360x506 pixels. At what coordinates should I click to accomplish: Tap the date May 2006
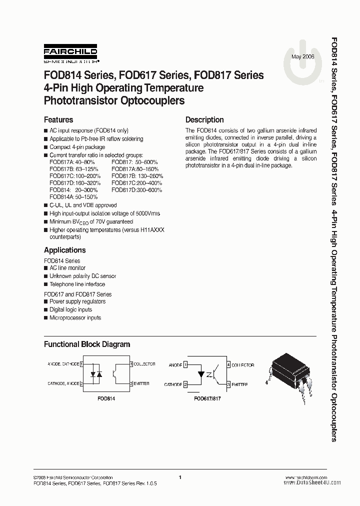(302, 57)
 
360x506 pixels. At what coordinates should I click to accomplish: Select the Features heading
(58, 120)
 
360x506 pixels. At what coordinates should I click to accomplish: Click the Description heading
(204, 120)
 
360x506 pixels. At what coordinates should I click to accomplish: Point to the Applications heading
(65, 250)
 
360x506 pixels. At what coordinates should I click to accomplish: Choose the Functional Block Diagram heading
(87, 344)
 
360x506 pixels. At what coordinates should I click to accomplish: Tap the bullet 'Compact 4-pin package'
(77, 147)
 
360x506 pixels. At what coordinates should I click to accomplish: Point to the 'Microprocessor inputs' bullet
(75, 317)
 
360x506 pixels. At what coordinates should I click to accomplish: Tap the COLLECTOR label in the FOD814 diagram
(144, 364)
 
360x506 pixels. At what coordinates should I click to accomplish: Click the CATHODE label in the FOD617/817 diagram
(172, 385)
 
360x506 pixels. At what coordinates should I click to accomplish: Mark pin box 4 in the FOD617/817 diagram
(228, 365)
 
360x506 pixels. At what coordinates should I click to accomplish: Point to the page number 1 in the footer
(179, 477)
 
